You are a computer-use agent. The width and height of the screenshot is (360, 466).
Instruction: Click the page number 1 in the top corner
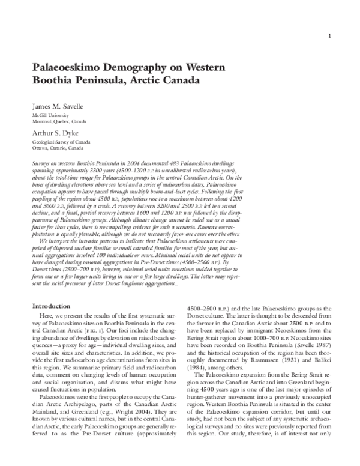[329, 37]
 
